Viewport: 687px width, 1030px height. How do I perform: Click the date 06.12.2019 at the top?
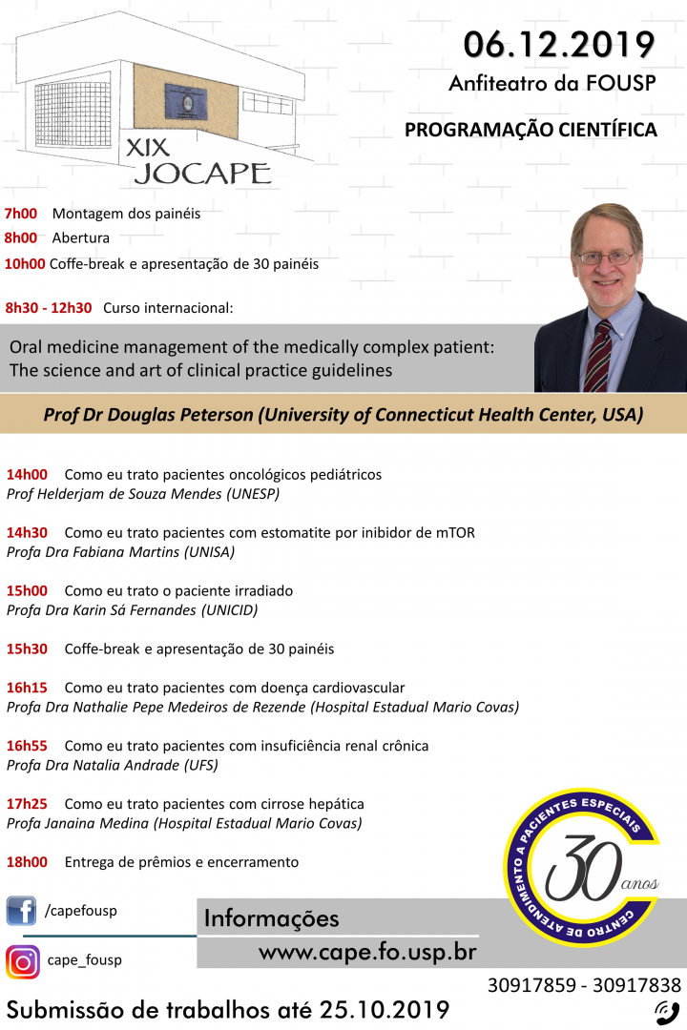tap(559, 45)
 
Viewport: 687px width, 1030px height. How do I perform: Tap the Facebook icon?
tap(21, 911)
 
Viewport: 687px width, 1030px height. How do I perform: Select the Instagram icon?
tap(22, 961)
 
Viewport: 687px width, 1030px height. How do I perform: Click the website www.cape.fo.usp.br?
tap(367, 952)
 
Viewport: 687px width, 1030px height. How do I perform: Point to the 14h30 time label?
tap(27, 533)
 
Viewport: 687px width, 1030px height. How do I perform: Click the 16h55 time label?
tap(27, 746)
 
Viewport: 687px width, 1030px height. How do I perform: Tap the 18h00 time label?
tap(27, 862)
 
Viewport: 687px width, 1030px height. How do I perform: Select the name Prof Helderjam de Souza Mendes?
tap(114, 494)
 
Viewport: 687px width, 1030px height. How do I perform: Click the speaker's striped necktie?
tap(597, 357)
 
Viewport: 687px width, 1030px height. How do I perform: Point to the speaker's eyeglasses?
tap(605, 258)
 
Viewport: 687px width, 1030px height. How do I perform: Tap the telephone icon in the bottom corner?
tap(667, 1012)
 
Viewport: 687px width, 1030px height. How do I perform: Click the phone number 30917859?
tap(531, 984)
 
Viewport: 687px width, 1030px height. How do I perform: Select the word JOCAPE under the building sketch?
tap(202, 174)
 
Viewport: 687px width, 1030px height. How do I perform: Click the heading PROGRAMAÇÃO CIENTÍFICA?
tap(531, 130)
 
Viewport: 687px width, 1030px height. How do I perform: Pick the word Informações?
tap(272, 918)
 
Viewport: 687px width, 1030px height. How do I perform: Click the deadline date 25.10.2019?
tap(385, 1010)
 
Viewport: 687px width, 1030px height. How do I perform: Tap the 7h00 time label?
tap(21, 214)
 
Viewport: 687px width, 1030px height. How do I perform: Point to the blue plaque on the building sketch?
tap(186, 101)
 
